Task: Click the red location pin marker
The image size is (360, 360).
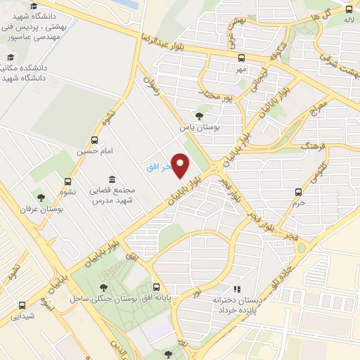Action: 181,166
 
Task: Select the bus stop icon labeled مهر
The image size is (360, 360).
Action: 242,58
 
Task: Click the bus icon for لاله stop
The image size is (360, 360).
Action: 349,9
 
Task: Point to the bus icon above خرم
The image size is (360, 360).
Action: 299,191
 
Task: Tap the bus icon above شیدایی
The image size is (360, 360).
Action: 22,305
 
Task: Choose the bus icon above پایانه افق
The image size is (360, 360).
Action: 157,287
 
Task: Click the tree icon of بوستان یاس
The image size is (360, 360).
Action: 199,117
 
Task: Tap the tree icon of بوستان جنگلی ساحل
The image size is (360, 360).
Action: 104,287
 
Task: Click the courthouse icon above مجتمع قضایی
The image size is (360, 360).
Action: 111,179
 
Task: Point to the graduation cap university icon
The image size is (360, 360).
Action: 34,7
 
